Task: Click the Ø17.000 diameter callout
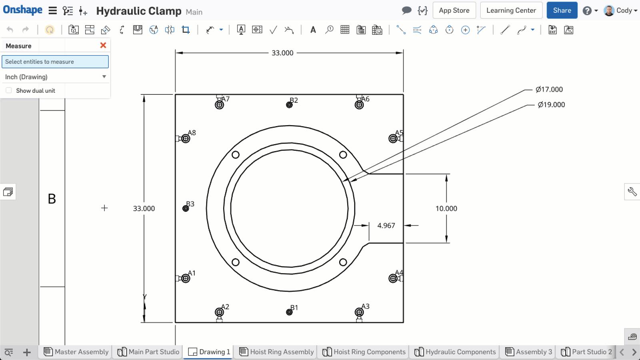tap(549, 90)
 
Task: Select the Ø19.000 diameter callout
tap(551, 105)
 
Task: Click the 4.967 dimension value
tap(386, 226)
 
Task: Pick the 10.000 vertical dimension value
tap(446, 208)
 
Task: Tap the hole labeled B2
tap(289, 105)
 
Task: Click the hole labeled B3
tap(186, 208)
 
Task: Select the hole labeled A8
tap(186, 139)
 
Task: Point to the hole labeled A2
tap(219, 312)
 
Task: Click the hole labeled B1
tap(289, 312)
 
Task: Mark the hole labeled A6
tap(359, 105)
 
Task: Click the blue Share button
tap(562, 10)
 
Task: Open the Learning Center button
tap(511, 10)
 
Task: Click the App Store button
tap(454, 10)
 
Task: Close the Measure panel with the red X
tap(103, 45)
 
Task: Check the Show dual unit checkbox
tap(9, 90)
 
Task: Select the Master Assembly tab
tap(76, 352)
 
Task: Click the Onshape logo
tap(22, 10)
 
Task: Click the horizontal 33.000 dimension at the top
tap(282, 53)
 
